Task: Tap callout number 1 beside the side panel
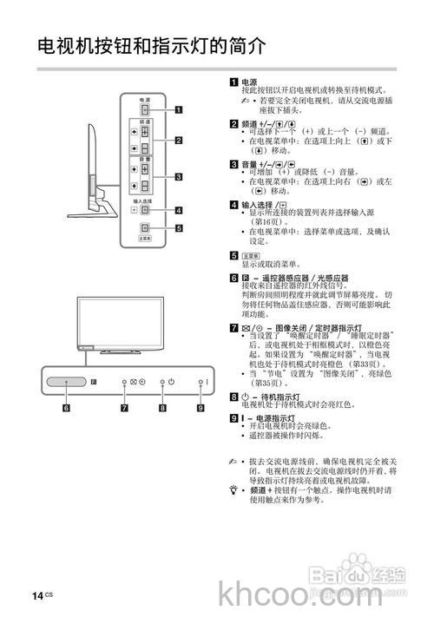pos(179,110)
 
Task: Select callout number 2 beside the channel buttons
pos(179,140)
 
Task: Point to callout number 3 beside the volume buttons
pos(179,177)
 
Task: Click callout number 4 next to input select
pos(179,210)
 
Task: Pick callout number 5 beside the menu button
pos(179,229)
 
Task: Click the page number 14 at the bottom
pos(37,594)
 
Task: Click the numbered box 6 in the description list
pos(234,278)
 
